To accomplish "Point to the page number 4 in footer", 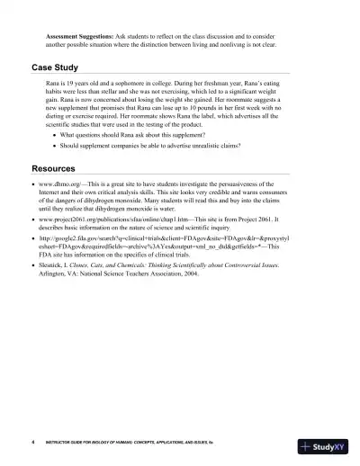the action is click(32, 444).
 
